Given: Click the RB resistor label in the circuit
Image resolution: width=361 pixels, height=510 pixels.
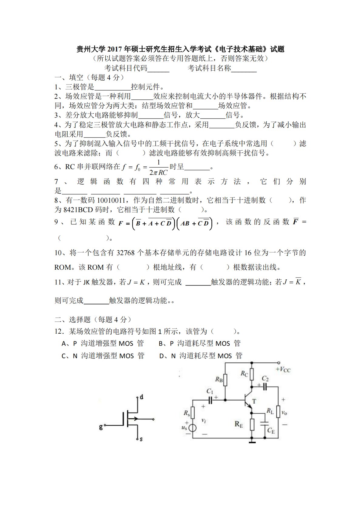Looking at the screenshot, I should [x=219, y=379].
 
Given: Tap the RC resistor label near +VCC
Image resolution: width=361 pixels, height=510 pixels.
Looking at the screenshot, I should [x=244, y=374].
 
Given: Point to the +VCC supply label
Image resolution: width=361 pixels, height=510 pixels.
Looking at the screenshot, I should [x=283, y=369].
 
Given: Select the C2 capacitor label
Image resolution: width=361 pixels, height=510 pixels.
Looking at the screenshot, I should [x=265, y=378].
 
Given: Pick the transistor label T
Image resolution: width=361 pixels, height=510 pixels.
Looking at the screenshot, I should [x=254, y=401].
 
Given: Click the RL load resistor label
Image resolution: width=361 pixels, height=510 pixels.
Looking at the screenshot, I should [x=270, y=411].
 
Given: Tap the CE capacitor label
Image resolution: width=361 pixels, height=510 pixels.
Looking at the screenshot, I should [x=271, y=430].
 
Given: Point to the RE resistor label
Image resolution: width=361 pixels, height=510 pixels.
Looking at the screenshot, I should [x=239, y=424].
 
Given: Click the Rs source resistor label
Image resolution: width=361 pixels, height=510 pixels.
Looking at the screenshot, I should [x=187, y=413].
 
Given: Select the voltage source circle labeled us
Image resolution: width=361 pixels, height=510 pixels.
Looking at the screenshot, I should [x=192, y=428].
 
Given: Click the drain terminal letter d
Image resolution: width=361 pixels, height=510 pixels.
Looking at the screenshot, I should [x=141, y=397].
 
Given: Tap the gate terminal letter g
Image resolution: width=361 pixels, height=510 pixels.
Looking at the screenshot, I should [x=101, y=427].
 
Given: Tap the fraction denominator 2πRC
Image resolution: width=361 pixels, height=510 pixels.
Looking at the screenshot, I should [x=158, y=173].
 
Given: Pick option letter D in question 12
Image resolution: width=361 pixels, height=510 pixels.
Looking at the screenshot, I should [x=162, y=356].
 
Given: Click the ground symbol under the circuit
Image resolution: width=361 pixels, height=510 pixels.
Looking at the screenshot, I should [x=251, y=442].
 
